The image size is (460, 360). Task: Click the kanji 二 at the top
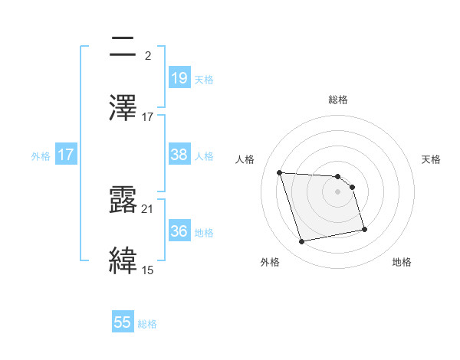(125, 49)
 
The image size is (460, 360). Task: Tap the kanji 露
(125, 201)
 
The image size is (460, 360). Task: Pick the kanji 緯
(125, 260)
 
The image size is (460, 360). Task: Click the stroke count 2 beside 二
(147, 55)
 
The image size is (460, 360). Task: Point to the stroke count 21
(147, 209)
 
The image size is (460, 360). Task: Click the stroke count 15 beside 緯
(147, 270)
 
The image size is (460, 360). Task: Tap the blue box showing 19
(179, 78)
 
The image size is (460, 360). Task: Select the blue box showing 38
(179, 155)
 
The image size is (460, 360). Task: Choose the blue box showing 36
(179, 231)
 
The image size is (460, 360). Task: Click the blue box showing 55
(123, 322)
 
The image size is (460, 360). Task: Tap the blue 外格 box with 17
(66, 155)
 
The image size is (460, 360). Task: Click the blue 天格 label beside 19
(204, 79)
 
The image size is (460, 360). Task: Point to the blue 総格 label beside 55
(147, 324)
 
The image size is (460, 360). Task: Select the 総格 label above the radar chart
(338, 100)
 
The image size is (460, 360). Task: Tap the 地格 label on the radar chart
(402, 263)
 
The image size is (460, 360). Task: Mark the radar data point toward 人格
(280, 172)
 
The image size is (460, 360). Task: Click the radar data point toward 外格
(302, 242)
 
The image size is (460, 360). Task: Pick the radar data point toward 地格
(364, 228)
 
